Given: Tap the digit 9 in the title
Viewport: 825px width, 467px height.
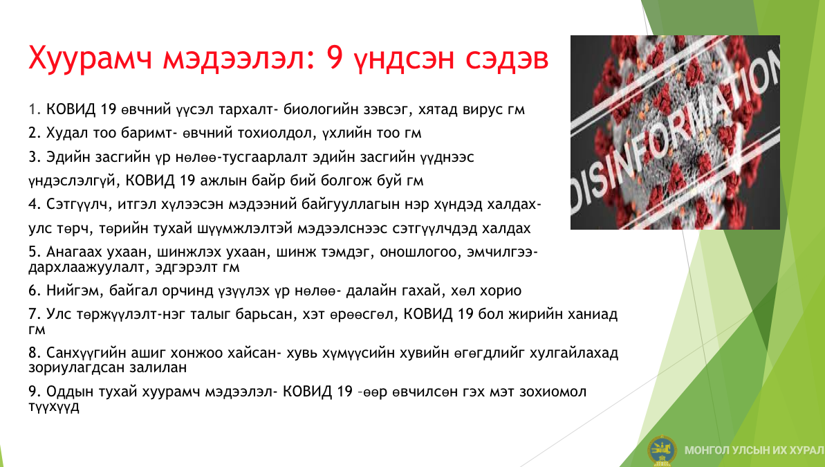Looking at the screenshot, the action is pos(335,57).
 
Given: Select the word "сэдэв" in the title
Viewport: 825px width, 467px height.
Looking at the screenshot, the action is pos(507,58).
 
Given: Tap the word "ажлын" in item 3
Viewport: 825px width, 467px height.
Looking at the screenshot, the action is pos(221,181).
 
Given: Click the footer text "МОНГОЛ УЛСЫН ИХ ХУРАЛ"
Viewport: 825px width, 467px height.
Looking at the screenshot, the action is pos(754,450).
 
